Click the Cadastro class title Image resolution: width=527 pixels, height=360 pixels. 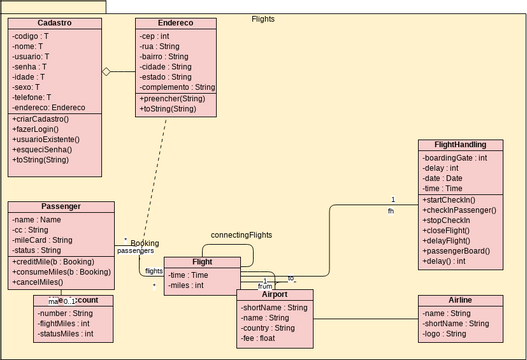tap(54, 23)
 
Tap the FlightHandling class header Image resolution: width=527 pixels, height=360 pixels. tap(460, 145)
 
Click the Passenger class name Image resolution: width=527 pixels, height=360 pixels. tap(62, 207)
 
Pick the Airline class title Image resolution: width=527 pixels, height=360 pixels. tap(460, 300)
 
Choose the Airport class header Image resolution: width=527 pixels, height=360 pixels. tap(275, 296)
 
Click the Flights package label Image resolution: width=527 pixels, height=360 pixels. tap(263, 19)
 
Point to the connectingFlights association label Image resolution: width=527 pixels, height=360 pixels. tap(241, 235)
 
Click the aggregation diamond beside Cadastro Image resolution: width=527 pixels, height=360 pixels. tap(105, 72)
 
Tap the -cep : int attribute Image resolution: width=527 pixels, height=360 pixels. tap(154, 36)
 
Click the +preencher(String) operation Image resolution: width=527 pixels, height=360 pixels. tap(173, 99)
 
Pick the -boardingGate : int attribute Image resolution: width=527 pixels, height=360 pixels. tap(455, 157)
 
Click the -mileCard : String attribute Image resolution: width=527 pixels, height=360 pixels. tap(42, 240)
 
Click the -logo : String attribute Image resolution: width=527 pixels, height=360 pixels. tap(443, 334)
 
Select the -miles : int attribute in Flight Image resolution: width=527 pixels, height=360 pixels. tap(187, 285)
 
